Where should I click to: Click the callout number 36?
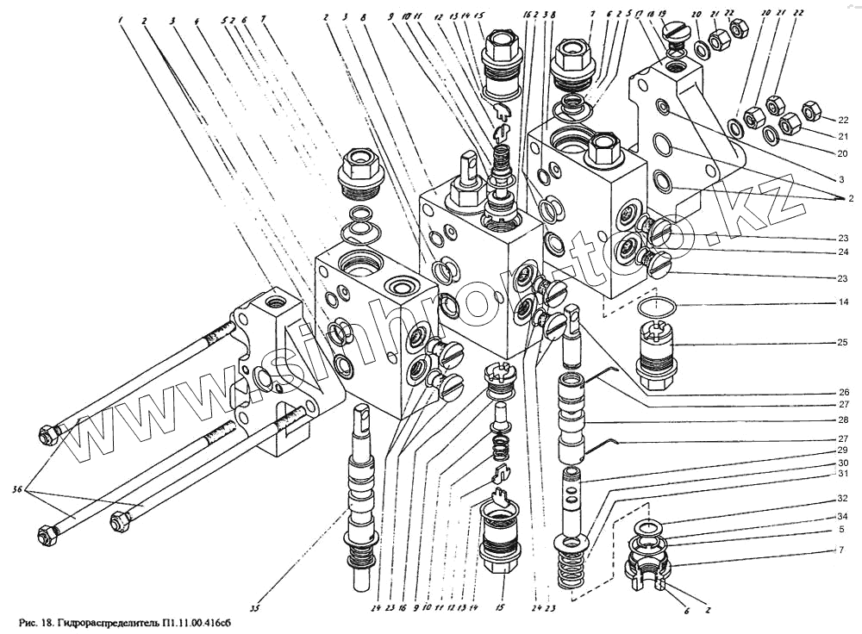tap(16, 491)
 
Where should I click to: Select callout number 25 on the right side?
tap(842, 343)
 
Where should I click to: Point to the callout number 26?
tap(842, 389)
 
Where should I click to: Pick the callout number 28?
tap(842, 421)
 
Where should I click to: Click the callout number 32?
tap(842, 498)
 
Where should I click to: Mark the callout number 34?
tap(842, 517)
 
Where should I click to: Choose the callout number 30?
tap(842, 463)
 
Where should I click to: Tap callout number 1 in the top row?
tap(122, 19)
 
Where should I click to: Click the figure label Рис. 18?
tap(35, 622)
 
